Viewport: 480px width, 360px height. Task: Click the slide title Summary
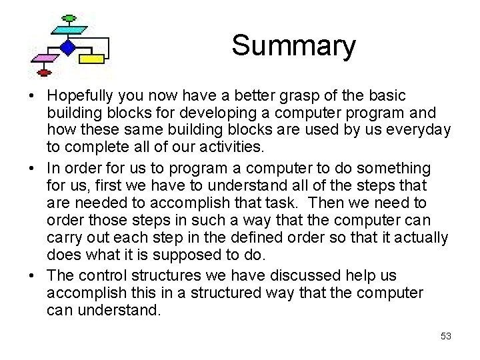point(293,46)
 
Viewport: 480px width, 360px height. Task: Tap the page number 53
point(445,337)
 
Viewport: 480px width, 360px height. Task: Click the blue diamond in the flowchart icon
point(67,47)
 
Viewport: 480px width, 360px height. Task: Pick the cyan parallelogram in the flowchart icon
point(67,30)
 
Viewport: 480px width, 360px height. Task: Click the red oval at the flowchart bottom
point(45,72)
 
